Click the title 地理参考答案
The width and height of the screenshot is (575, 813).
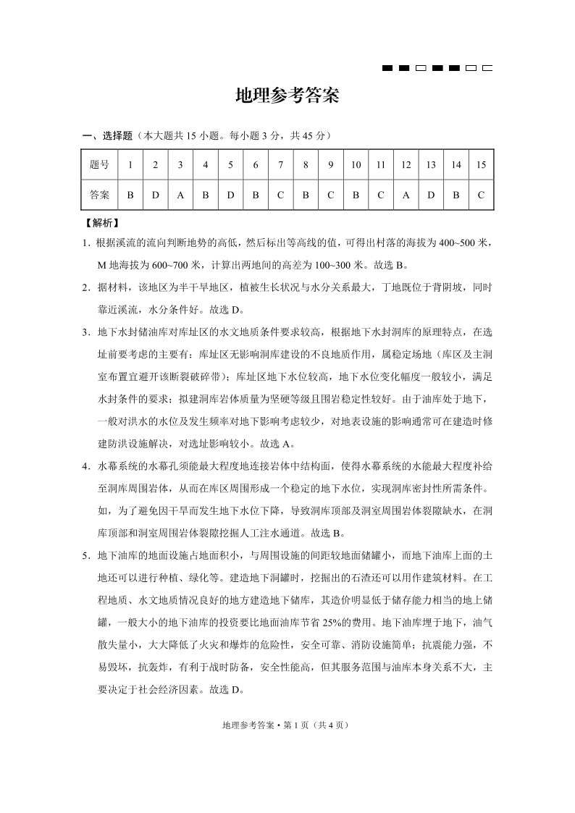point(287,97)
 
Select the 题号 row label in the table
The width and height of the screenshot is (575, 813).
point(99,165)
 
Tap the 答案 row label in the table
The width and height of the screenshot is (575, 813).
point(99,195)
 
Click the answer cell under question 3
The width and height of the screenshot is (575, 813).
point(180,195)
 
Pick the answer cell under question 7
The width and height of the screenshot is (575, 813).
point(280,195)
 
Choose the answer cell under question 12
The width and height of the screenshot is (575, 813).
point(406,195)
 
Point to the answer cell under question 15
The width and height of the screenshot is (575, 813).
point(481,195)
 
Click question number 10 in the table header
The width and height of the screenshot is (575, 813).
point(356,165)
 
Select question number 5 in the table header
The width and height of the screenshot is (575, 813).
point(230,165)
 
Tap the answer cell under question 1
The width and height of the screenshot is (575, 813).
point(130,195)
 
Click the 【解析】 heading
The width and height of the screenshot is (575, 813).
point(102,223)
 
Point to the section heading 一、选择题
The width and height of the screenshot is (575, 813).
point(108,135)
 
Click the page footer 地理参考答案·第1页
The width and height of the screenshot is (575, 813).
point(287,724)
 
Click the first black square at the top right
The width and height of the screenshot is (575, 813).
point(387,69)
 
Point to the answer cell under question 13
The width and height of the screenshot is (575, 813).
point(431,195)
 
